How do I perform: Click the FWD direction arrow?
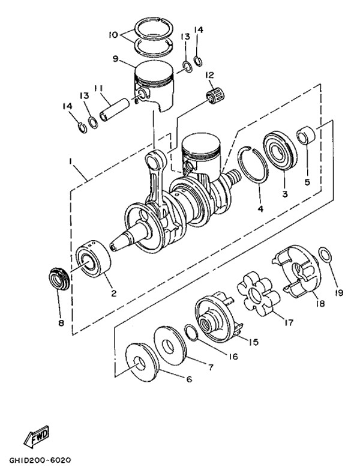[x=37, y=436]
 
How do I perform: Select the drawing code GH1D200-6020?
[x=40, y=460]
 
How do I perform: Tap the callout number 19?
[x=339, y=292]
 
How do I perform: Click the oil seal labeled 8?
[x=59, y=279]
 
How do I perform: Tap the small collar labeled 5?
[x=307, y=135]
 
